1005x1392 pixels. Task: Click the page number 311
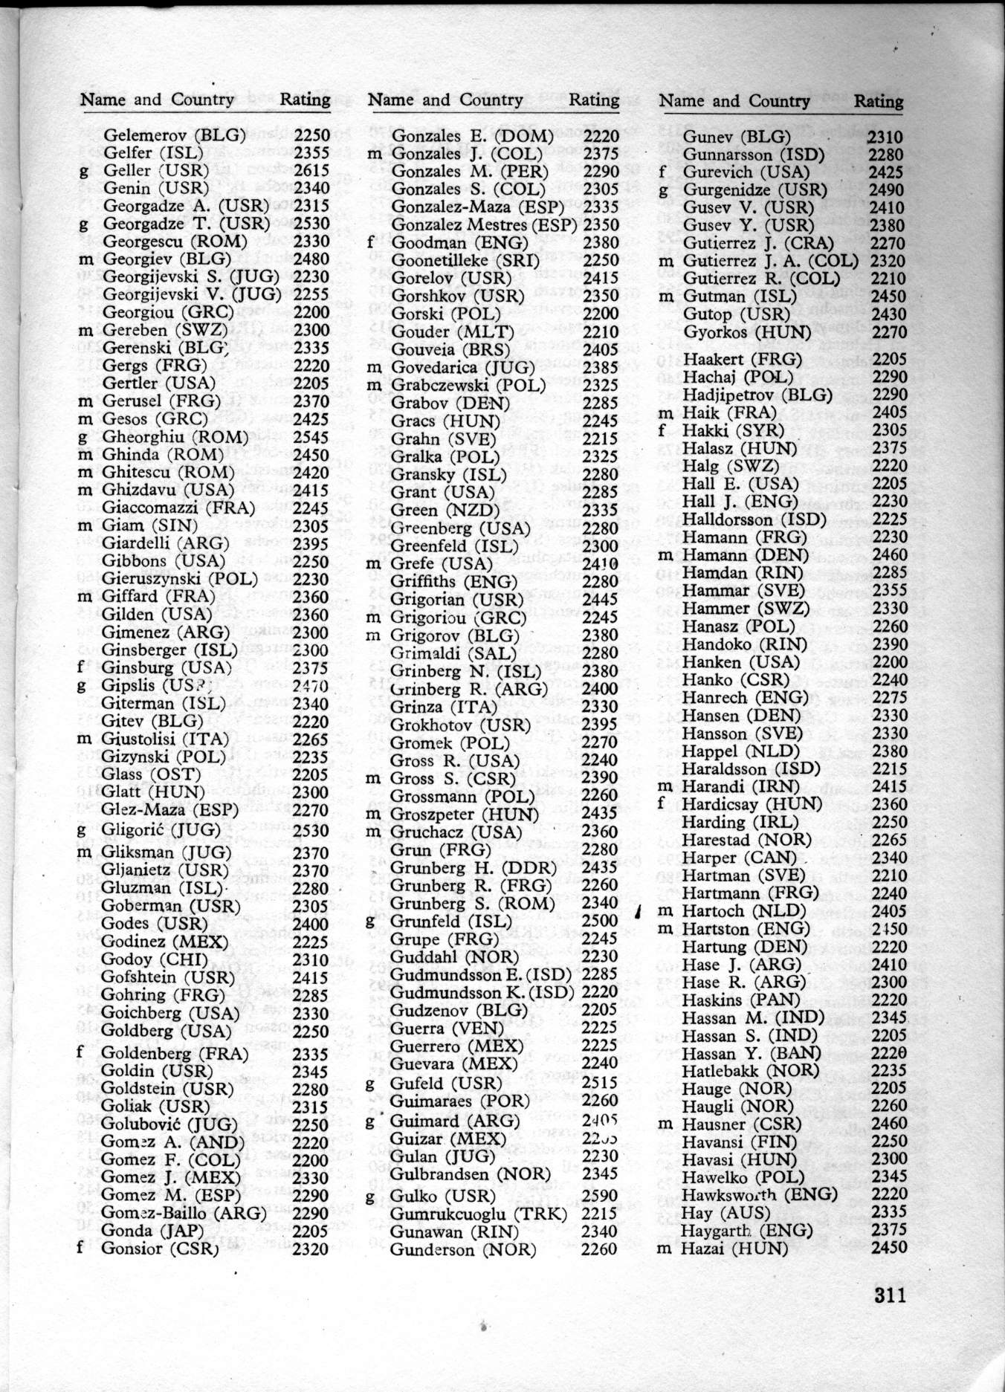coord(890,1295)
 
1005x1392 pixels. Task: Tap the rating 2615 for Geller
coord(311,170)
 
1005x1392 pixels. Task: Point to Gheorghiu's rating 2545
coord(311,437)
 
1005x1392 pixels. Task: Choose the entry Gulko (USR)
coord(442,1196)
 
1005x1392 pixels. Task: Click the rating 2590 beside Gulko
coord(599,1196)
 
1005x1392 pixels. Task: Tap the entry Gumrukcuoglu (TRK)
coord(478,1214)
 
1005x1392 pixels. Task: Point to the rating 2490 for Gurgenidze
coord(887,190)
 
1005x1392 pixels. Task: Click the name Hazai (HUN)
coord(734,1249)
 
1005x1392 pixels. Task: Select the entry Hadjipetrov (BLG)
coord(757,395)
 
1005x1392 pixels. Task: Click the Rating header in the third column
coord(878,101)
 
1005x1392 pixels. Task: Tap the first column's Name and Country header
coord(157,100)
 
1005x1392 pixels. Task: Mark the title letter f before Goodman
coord(370,243)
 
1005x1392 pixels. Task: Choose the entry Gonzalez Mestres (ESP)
coord(484,224)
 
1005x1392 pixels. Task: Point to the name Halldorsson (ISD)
coord(754,519)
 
